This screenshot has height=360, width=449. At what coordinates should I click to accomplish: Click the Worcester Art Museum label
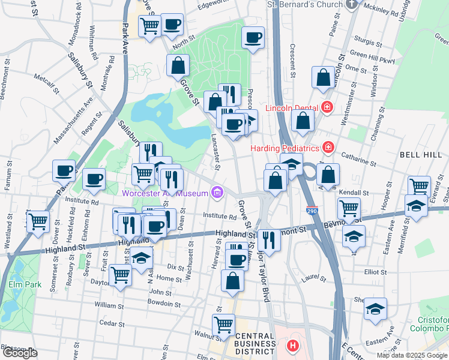164,193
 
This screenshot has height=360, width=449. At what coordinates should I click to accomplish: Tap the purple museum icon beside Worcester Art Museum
217,193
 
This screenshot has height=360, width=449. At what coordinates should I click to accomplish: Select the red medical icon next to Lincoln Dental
327,108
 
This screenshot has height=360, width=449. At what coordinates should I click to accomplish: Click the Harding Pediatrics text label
286,147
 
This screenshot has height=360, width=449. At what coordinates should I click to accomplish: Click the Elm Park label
25,284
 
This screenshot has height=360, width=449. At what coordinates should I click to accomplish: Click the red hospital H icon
292,346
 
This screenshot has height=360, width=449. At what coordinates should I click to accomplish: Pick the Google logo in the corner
20,353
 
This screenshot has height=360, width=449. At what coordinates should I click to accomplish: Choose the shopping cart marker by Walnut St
223,324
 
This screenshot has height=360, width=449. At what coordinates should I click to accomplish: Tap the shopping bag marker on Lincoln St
323,77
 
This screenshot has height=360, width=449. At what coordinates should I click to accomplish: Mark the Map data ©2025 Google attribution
411,355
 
